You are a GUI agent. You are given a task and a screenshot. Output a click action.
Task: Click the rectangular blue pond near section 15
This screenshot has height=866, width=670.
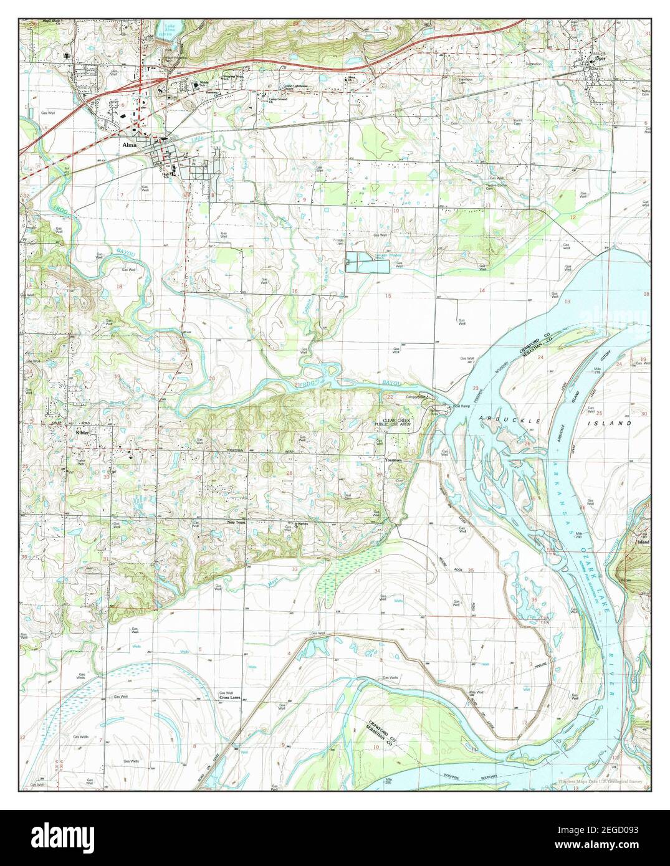[368, 263]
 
